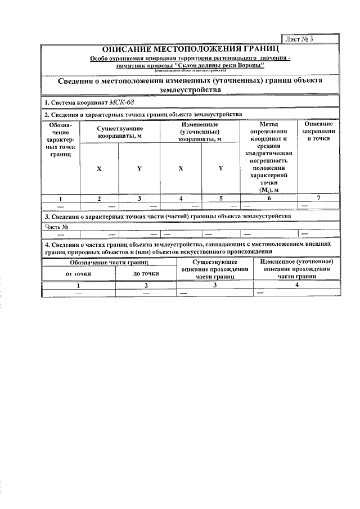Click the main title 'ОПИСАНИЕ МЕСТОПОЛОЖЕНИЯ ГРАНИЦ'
coord(190,49)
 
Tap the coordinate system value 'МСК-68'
coord(121,103)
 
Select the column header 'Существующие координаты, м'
coord(119,132)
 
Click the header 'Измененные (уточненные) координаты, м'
coord(200,131)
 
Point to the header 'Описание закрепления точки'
coord(318,131)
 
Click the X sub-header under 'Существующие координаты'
coord(99,168)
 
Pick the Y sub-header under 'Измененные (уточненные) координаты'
coord(220,168)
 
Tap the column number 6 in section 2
coord(269,198)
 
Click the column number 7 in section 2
coord(318,198)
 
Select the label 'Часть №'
coord(56,227)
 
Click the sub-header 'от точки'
coord(78,273)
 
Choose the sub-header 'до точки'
coord(146,273)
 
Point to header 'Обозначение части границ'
coord(109,262)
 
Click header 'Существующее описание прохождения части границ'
coord(215,269)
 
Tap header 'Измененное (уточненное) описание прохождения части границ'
coord(296,269)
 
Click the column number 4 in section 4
coord(296,285)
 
